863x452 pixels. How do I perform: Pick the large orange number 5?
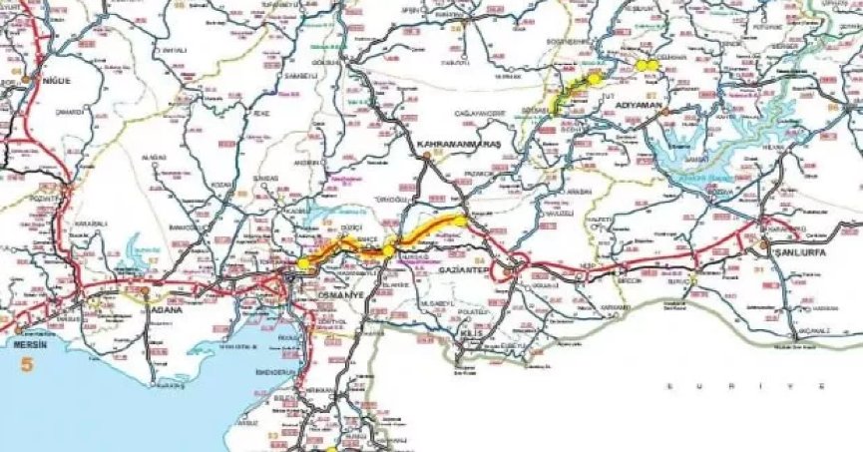(x=27, y=365)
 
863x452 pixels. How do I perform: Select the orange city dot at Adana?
(x=146, y=291)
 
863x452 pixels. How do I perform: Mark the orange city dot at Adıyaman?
(x=664, y=113)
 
